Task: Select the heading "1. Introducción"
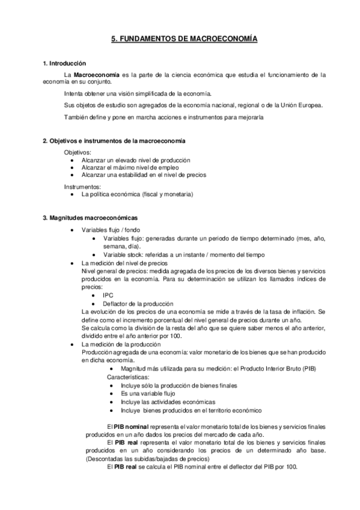(64, 63)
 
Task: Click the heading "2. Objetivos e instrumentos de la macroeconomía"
(114, 141)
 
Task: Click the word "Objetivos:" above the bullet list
(78, 153)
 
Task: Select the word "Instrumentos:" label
(83, 187)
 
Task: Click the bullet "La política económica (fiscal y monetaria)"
(138, 194)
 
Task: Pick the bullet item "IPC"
(108, 295)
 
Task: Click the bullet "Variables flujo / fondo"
(113, 231)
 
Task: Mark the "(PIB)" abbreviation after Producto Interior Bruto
(308, 367)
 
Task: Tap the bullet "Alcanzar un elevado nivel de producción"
(136, 160)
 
